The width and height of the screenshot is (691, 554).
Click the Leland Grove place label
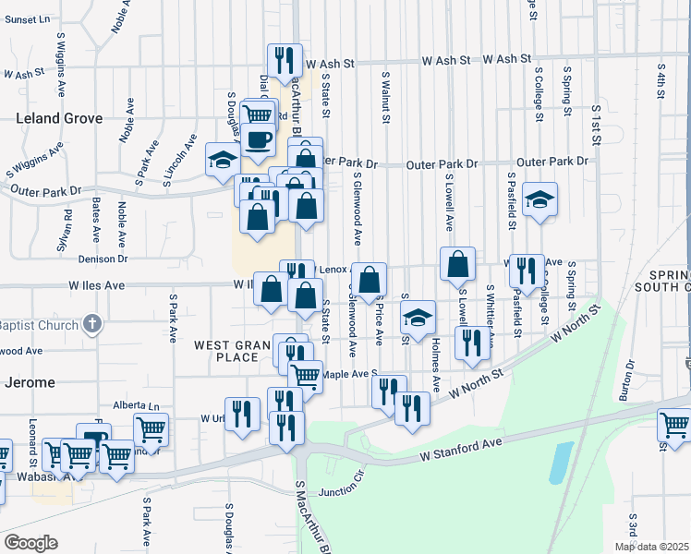pos(58,118)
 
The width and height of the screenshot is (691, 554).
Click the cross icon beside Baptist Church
pos(91,323)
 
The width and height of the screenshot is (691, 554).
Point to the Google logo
pos(30,543)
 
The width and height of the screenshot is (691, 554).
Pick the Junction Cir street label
pos(343,492)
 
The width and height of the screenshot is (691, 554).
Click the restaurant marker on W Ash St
pos(285,60)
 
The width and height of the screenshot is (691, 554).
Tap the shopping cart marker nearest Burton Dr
pos(674,426)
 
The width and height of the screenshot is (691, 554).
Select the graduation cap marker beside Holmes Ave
pos(418,319)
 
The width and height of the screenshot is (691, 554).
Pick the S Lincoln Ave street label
pos(179,162)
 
